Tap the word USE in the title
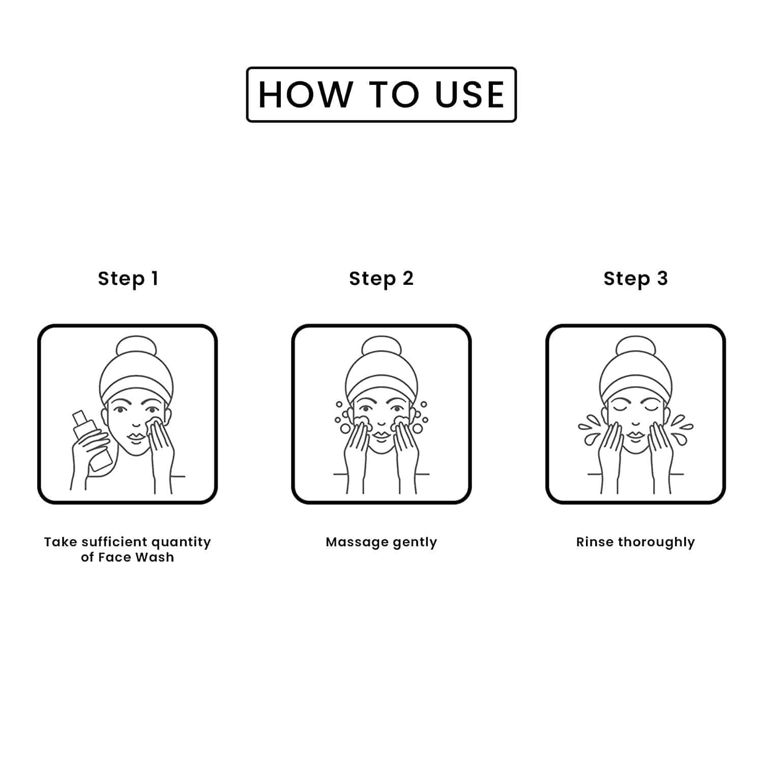click(470, 95)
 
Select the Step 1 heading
click(128, 279)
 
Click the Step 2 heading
click(382, 279)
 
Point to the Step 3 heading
click(636, 279)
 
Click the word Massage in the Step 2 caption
click(357, 543)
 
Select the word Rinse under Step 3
click(595, 542)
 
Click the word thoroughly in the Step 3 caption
click(656, 543)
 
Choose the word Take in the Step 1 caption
click(61, 542)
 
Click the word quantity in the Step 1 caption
click(181, 543)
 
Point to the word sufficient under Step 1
click(114, 542)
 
